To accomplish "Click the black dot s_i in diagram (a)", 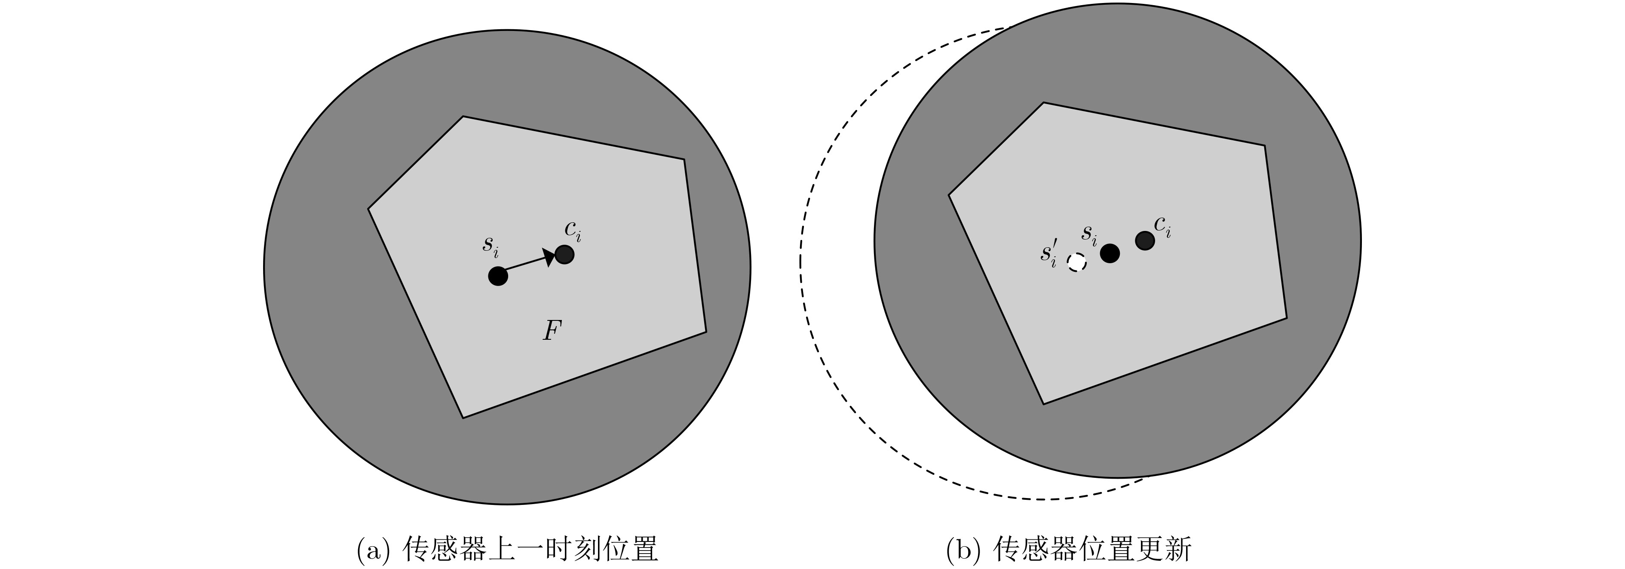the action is coord(498,276).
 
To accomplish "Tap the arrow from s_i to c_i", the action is coord(527,264).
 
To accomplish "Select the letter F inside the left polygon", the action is coord(552,331).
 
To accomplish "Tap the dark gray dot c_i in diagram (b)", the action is coord(1145,240).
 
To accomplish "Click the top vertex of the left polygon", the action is coord(463,116).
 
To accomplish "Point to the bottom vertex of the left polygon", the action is coord(463,418).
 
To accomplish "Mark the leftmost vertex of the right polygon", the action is coord(949,195).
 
